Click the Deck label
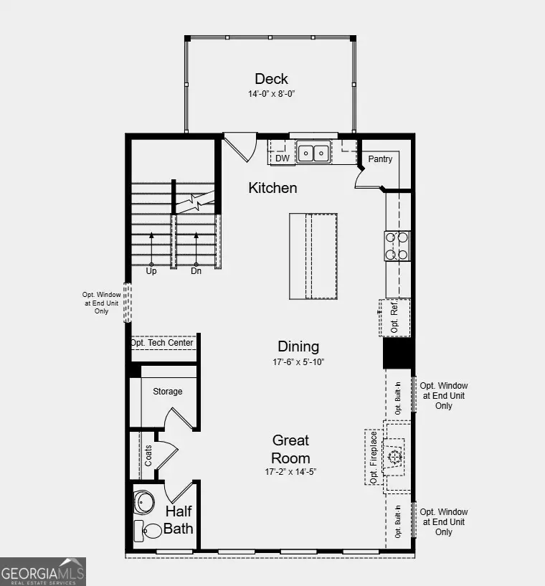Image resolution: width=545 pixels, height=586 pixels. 271,78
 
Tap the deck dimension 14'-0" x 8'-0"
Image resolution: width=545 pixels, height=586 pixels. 271,94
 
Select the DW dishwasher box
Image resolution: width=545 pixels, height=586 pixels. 283,158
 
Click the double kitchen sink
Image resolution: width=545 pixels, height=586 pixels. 313,153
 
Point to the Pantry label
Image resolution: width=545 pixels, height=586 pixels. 380,159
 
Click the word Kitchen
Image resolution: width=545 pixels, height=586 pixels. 272,188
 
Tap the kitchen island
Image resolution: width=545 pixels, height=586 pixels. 313,255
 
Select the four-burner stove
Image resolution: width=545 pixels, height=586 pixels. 397,245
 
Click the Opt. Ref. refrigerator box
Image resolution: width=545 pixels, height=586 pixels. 395,318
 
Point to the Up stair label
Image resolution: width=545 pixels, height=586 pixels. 151,271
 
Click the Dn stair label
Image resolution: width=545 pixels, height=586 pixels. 196,271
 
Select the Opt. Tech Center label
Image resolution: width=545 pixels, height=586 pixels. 162,343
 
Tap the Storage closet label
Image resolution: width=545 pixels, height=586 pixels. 167,392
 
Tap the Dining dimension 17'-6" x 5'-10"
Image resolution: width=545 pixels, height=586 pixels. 298,362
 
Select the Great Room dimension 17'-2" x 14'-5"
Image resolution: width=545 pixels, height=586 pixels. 290,472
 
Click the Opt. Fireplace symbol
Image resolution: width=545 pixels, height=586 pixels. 394,456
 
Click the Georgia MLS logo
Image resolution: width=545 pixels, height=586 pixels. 43,572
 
